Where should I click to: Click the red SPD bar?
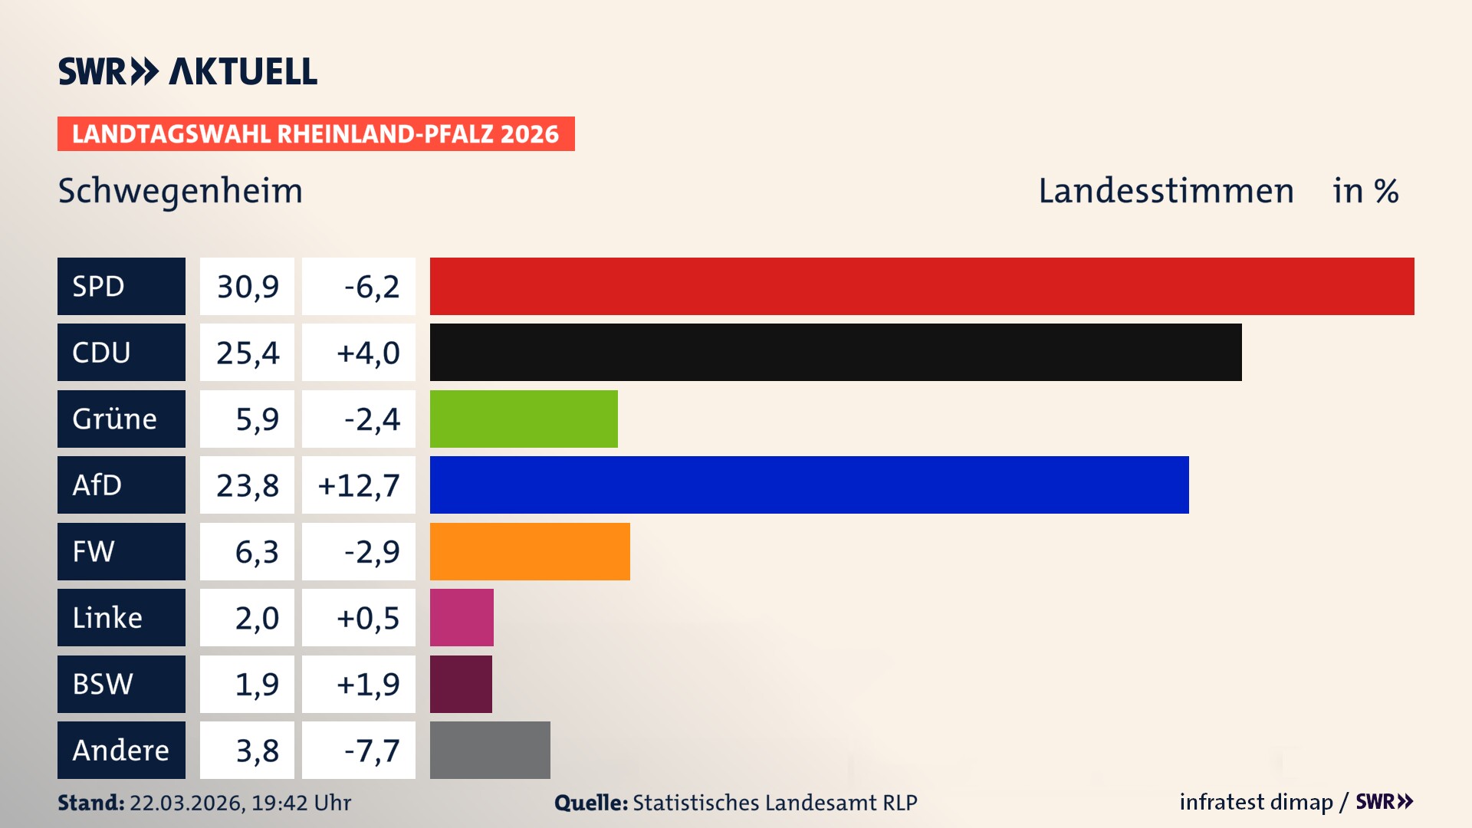tap(922, 286)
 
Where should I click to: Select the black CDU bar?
tap(836, 352)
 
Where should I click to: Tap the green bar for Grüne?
tap(524, 419)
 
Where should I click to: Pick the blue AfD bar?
tap(809, 485)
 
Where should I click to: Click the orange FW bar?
tap(530, 551)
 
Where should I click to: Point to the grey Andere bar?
tap(490, 750)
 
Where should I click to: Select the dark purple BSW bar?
tap(461, 684)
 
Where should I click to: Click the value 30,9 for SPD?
tap(247, 286)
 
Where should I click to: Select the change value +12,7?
tap(359, 485)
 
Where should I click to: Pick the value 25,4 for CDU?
tap(247, 352)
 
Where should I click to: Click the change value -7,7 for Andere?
tap(371, 750)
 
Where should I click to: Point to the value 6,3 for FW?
tap(256, 551)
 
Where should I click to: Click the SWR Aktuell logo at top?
tap(187, 71)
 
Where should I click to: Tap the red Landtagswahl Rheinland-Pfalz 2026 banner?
tap(315, 133)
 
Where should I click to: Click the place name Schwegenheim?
tap(180, 191)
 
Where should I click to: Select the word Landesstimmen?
tap(1165, 191)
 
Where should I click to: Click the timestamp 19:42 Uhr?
tap(301, 803)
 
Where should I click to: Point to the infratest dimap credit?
tap(1256, 802)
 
